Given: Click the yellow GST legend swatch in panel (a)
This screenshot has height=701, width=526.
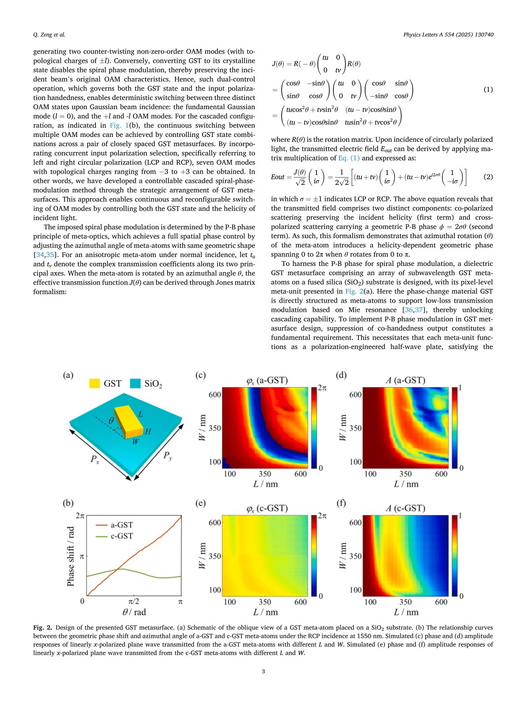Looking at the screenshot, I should click(94, 383).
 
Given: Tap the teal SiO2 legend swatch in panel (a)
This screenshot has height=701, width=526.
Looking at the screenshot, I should click(135, 383).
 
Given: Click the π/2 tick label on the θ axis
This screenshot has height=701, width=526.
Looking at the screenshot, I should click(134, 602).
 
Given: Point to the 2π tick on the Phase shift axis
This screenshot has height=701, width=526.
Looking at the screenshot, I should click(80, 515).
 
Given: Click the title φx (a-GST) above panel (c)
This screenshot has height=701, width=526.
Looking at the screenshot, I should click(267, 380).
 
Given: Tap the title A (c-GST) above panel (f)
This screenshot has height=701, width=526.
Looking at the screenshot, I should click(405, 508).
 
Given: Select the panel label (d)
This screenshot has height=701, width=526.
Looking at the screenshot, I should click(341, 375).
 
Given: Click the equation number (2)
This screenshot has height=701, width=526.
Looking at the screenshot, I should click(488, 177).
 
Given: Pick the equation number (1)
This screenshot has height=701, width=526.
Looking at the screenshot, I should click(488, 89).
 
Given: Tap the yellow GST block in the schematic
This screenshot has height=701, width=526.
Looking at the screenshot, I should click(128, 422).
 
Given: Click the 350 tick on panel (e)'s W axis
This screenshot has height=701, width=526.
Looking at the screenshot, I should click(215, 556).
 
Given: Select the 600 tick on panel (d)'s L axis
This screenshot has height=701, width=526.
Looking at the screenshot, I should click(441, 474).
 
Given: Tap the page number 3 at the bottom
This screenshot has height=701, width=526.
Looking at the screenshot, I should click(263, 672).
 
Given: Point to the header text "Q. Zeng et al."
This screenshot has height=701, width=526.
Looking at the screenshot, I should click(49, 35).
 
